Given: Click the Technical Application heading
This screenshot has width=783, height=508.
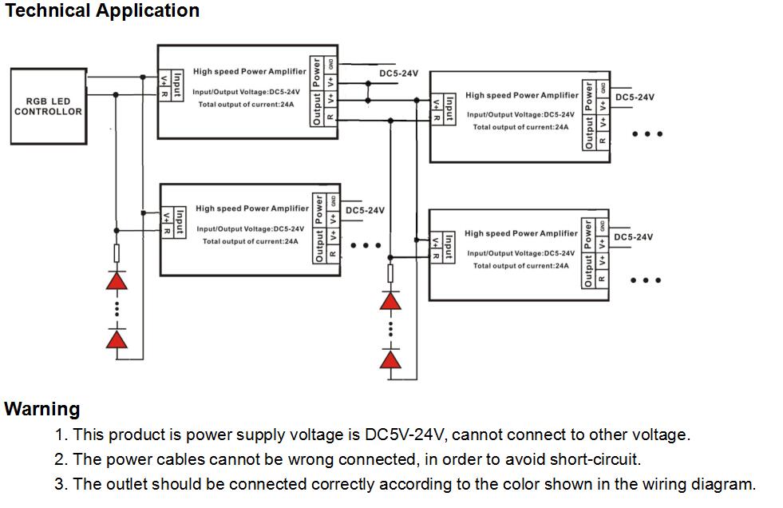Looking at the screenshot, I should [x=102, y=11].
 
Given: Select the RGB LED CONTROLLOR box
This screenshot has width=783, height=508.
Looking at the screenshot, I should [x=49, y=106].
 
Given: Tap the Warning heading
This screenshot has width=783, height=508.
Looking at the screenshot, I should [x=42, y=409].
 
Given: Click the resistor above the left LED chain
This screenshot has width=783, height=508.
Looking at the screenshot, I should [x=117, y=253].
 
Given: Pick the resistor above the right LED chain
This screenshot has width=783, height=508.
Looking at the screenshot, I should [x=390, y=274].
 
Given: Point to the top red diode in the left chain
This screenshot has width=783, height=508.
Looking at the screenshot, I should [x=117, y=280].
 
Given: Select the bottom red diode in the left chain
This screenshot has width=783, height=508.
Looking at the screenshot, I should [x=117, y=340].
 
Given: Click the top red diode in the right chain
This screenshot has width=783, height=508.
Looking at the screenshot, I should [x=390, y=301].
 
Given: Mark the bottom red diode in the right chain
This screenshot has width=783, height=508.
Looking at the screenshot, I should [x=390, y=359].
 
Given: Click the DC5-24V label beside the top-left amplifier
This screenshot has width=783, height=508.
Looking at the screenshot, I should [x=398, y=73].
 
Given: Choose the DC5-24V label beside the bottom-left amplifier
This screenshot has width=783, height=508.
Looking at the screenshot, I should [x=365, y=211].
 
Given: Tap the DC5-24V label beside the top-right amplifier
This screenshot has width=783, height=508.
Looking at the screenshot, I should [x=634, y=97].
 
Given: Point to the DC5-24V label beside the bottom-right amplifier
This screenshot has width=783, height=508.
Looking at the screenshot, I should [x=633, y=237].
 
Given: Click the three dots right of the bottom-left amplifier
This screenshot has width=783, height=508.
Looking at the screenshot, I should [x=366, y=245].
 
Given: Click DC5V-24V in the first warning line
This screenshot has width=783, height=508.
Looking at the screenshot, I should [x=403, y=435].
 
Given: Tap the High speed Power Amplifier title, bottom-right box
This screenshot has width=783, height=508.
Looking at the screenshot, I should [x=520, y=234].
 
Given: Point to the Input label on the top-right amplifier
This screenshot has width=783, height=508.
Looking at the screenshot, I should [x=449, y=108].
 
